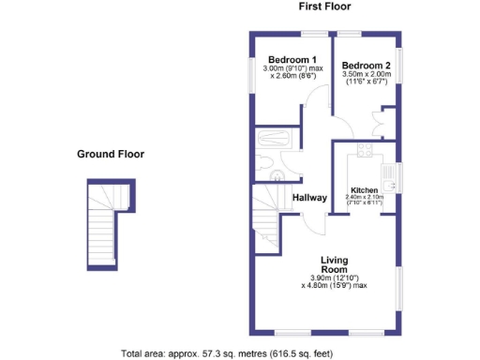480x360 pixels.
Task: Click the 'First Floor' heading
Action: point(324,7)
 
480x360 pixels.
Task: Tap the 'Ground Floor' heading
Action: point(111,155)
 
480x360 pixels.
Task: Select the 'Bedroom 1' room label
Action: point(290,59)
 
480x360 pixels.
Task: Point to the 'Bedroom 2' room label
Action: point(367,65)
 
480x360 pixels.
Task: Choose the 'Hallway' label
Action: point(309,198)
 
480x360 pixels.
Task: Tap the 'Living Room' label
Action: point(336,264)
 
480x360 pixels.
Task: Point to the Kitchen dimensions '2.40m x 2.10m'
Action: point(364,199)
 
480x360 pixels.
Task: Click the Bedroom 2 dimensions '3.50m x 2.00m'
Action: point(366,76)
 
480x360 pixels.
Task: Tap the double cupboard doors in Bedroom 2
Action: point(384,126)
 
